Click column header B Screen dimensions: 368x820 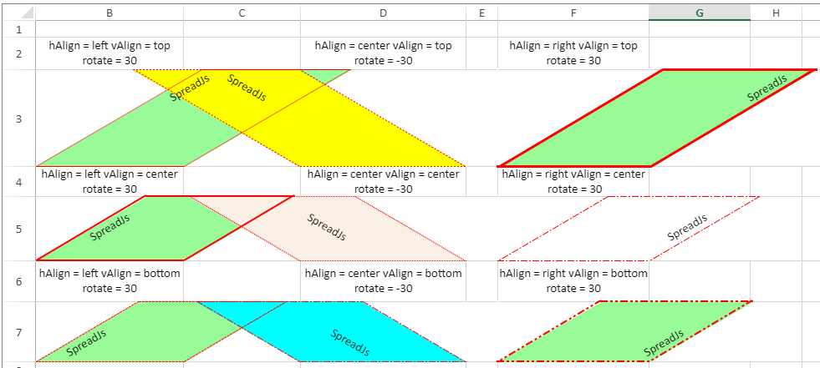pos(110,13)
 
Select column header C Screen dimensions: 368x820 pos(242,13)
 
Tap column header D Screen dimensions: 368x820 pos(383,13)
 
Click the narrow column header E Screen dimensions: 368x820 pos(482,13)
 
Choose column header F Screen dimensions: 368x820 pos(573,13)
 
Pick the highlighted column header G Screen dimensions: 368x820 pos(699,13)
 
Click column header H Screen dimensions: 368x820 pos(776,13)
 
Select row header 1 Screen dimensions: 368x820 pos(18,29)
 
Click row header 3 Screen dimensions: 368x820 pos(18,118)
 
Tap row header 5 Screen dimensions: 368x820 pos(18,229)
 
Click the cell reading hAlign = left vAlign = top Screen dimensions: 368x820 pos(110,53)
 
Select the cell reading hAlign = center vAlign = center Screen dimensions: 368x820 pos(383,182)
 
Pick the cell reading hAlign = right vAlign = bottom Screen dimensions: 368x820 pos(573,280)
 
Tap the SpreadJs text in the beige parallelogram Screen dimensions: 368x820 pos(326,228)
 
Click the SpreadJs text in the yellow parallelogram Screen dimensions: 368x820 pos(247,88)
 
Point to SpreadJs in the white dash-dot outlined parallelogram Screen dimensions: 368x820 pos(687,228)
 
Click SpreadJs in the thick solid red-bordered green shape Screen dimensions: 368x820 pos(767,88)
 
